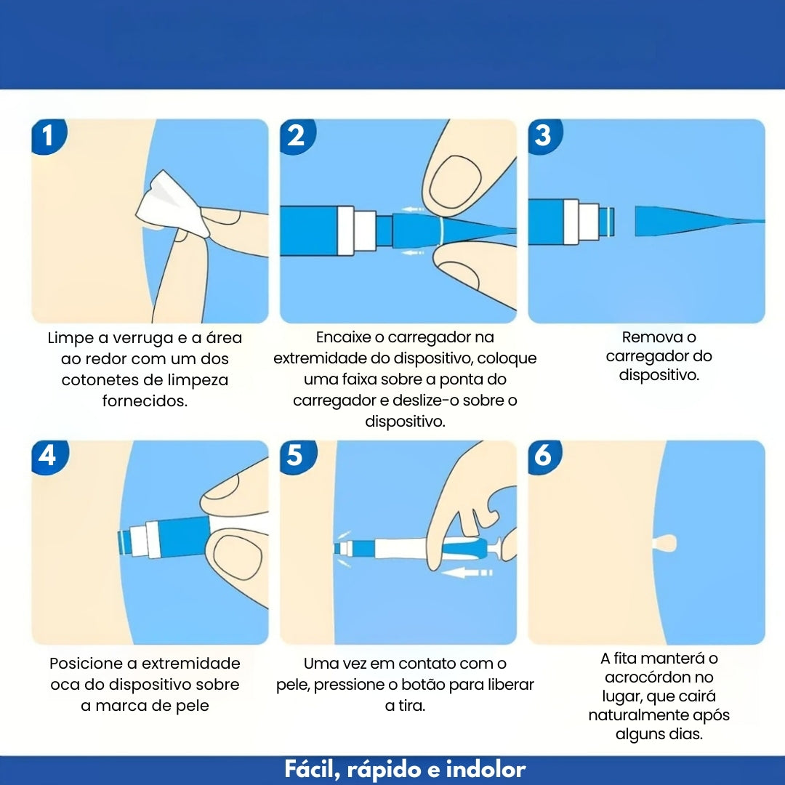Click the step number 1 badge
click(x=49, y=136)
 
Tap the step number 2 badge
click(x=297, y=136)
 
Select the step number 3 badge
click(x=544, y=136)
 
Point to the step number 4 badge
click(x=49, y=456)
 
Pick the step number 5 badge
click(x=297, y=456)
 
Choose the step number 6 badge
click(x=544, y=456)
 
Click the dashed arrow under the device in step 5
click(x=468, y=572)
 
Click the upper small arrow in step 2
click(x=413, y=209)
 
